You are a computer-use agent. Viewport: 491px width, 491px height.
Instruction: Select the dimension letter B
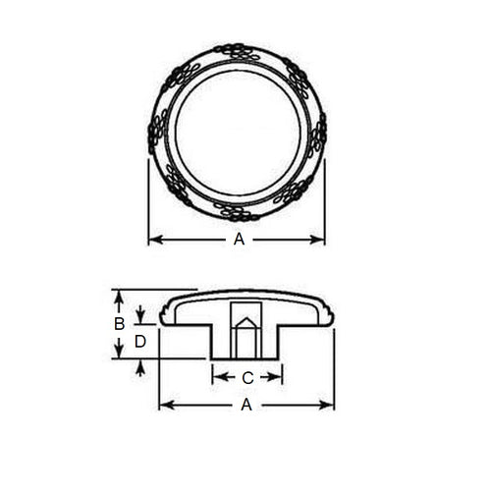(118, 323)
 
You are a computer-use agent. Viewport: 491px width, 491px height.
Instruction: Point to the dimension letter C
(247, 376)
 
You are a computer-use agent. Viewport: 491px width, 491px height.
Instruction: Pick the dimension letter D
(140, 341)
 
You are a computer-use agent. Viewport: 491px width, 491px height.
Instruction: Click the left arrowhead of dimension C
(217, 375)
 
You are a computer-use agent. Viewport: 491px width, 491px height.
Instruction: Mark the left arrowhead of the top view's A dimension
(153, 239)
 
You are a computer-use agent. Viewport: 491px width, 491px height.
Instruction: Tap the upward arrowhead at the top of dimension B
(118, 294)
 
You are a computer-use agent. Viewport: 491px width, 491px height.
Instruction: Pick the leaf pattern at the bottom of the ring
(238, 211)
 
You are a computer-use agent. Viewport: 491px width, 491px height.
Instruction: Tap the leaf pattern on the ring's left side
(157, 131)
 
